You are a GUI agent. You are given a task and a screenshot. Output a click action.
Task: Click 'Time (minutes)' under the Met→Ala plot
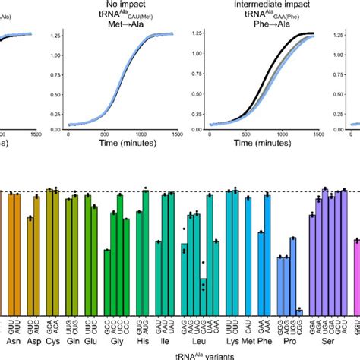click(122, 143)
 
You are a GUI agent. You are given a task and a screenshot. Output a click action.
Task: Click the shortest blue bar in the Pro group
click(299, 312)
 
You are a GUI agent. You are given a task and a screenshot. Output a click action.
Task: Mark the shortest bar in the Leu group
click(204, 296)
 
